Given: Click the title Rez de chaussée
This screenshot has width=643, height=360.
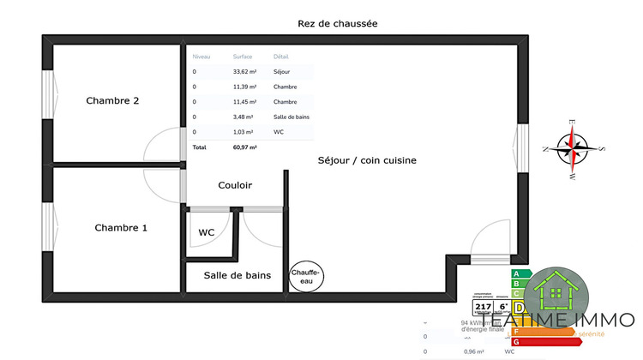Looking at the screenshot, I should pos(337,24).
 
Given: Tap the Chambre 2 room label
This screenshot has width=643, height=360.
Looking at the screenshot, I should pos(112,101).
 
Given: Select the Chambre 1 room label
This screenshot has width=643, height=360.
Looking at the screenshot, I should pos(121,228).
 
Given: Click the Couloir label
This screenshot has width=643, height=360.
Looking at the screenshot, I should pos(235,185).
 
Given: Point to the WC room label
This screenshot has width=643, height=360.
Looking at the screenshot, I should pos(207,232).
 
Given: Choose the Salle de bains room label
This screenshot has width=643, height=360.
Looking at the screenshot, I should pos(237,275).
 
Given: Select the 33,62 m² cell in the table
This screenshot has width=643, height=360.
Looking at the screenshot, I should pos(244,72).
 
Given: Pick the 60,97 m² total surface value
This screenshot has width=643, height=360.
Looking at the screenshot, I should pos(245,147).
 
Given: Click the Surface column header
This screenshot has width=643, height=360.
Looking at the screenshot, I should pos(243,57).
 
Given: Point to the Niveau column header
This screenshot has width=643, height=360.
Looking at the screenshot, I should pos(201,57).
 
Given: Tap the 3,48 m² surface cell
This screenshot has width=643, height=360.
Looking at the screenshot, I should pos(244,117).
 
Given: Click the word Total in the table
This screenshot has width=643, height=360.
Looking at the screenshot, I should pos(199,147).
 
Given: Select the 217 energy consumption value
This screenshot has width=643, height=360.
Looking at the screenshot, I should pos(482,306).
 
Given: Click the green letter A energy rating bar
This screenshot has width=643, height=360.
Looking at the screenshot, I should pos(517,274).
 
